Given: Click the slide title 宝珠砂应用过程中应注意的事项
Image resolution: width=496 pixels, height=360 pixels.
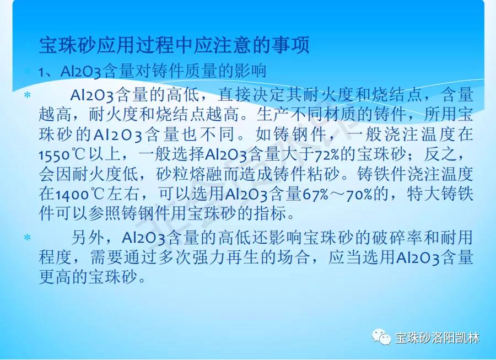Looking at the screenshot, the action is pyautogui.click(x=174, y=45).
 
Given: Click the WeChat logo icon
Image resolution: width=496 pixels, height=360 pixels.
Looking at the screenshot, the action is pyautogui.click(x=381, y=337).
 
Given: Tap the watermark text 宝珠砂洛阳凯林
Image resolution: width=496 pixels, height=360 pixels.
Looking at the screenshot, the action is pyautogui.click(x=438, y=338).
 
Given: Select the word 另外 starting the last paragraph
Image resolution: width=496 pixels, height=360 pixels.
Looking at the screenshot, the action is pyautogui.click(x=88, y=237).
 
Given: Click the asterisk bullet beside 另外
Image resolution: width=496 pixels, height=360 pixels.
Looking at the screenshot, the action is pyautogui.click(x=28, y=237).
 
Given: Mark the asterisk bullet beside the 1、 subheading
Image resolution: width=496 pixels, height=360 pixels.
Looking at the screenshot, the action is pyautogui.click(x=28, y=71).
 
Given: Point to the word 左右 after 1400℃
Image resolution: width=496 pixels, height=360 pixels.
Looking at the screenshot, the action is pyautogui.click(x=122, y=194).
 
